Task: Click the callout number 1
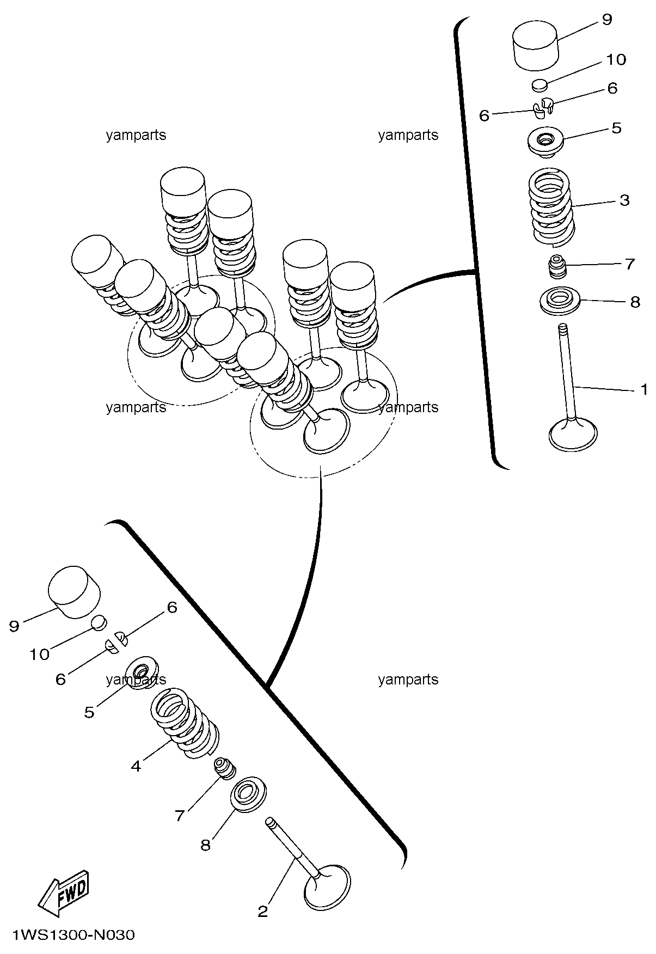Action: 644,389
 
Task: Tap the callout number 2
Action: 262,912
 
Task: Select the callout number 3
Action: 624,200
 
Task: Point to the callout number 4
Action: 136,766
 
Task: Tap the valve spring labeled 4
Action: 185,724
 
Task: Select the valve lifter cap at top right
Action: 536,46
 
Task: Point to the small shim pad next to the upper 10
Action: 539,84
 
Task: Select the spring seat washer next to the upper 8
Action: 560,300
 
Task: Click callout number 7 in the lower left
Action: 180,815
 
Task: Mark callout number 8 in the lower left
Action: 205,845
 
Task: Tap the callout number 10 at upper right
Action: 616,59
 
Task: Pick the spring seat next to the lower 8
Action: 249,796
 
